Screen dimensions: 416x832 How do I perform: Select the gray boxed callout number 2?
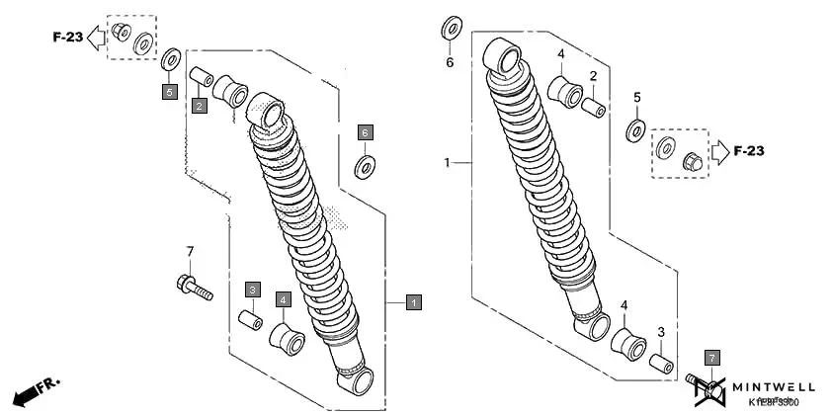tap(199, 105)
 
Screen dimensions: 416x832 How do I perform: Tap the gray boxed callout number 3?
tap(253, 290)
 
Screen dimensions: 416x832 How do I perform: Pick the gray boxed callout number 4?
tap(284, 298)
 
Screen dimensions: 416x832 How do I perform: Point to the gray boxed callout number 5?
tap(169, 92)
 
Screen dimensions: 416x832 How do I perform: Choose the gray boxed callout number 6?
tap(365, 131)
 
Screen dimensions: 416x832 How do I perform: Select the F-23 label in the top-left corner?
tap(67, 39)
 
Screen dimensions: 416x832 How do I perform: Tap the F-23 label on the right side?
tap(749, 151)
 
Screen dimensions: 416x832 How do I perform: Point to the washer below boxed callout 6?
tap(366, 163)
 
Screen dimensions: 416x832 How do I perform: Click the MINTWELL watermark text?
tap(773, 386)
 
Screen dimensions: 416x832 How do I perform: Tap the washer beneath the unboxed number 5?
tap(637, 128)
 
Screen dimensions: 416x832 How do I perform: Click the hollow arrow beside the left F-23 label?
tap(97, 39)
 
